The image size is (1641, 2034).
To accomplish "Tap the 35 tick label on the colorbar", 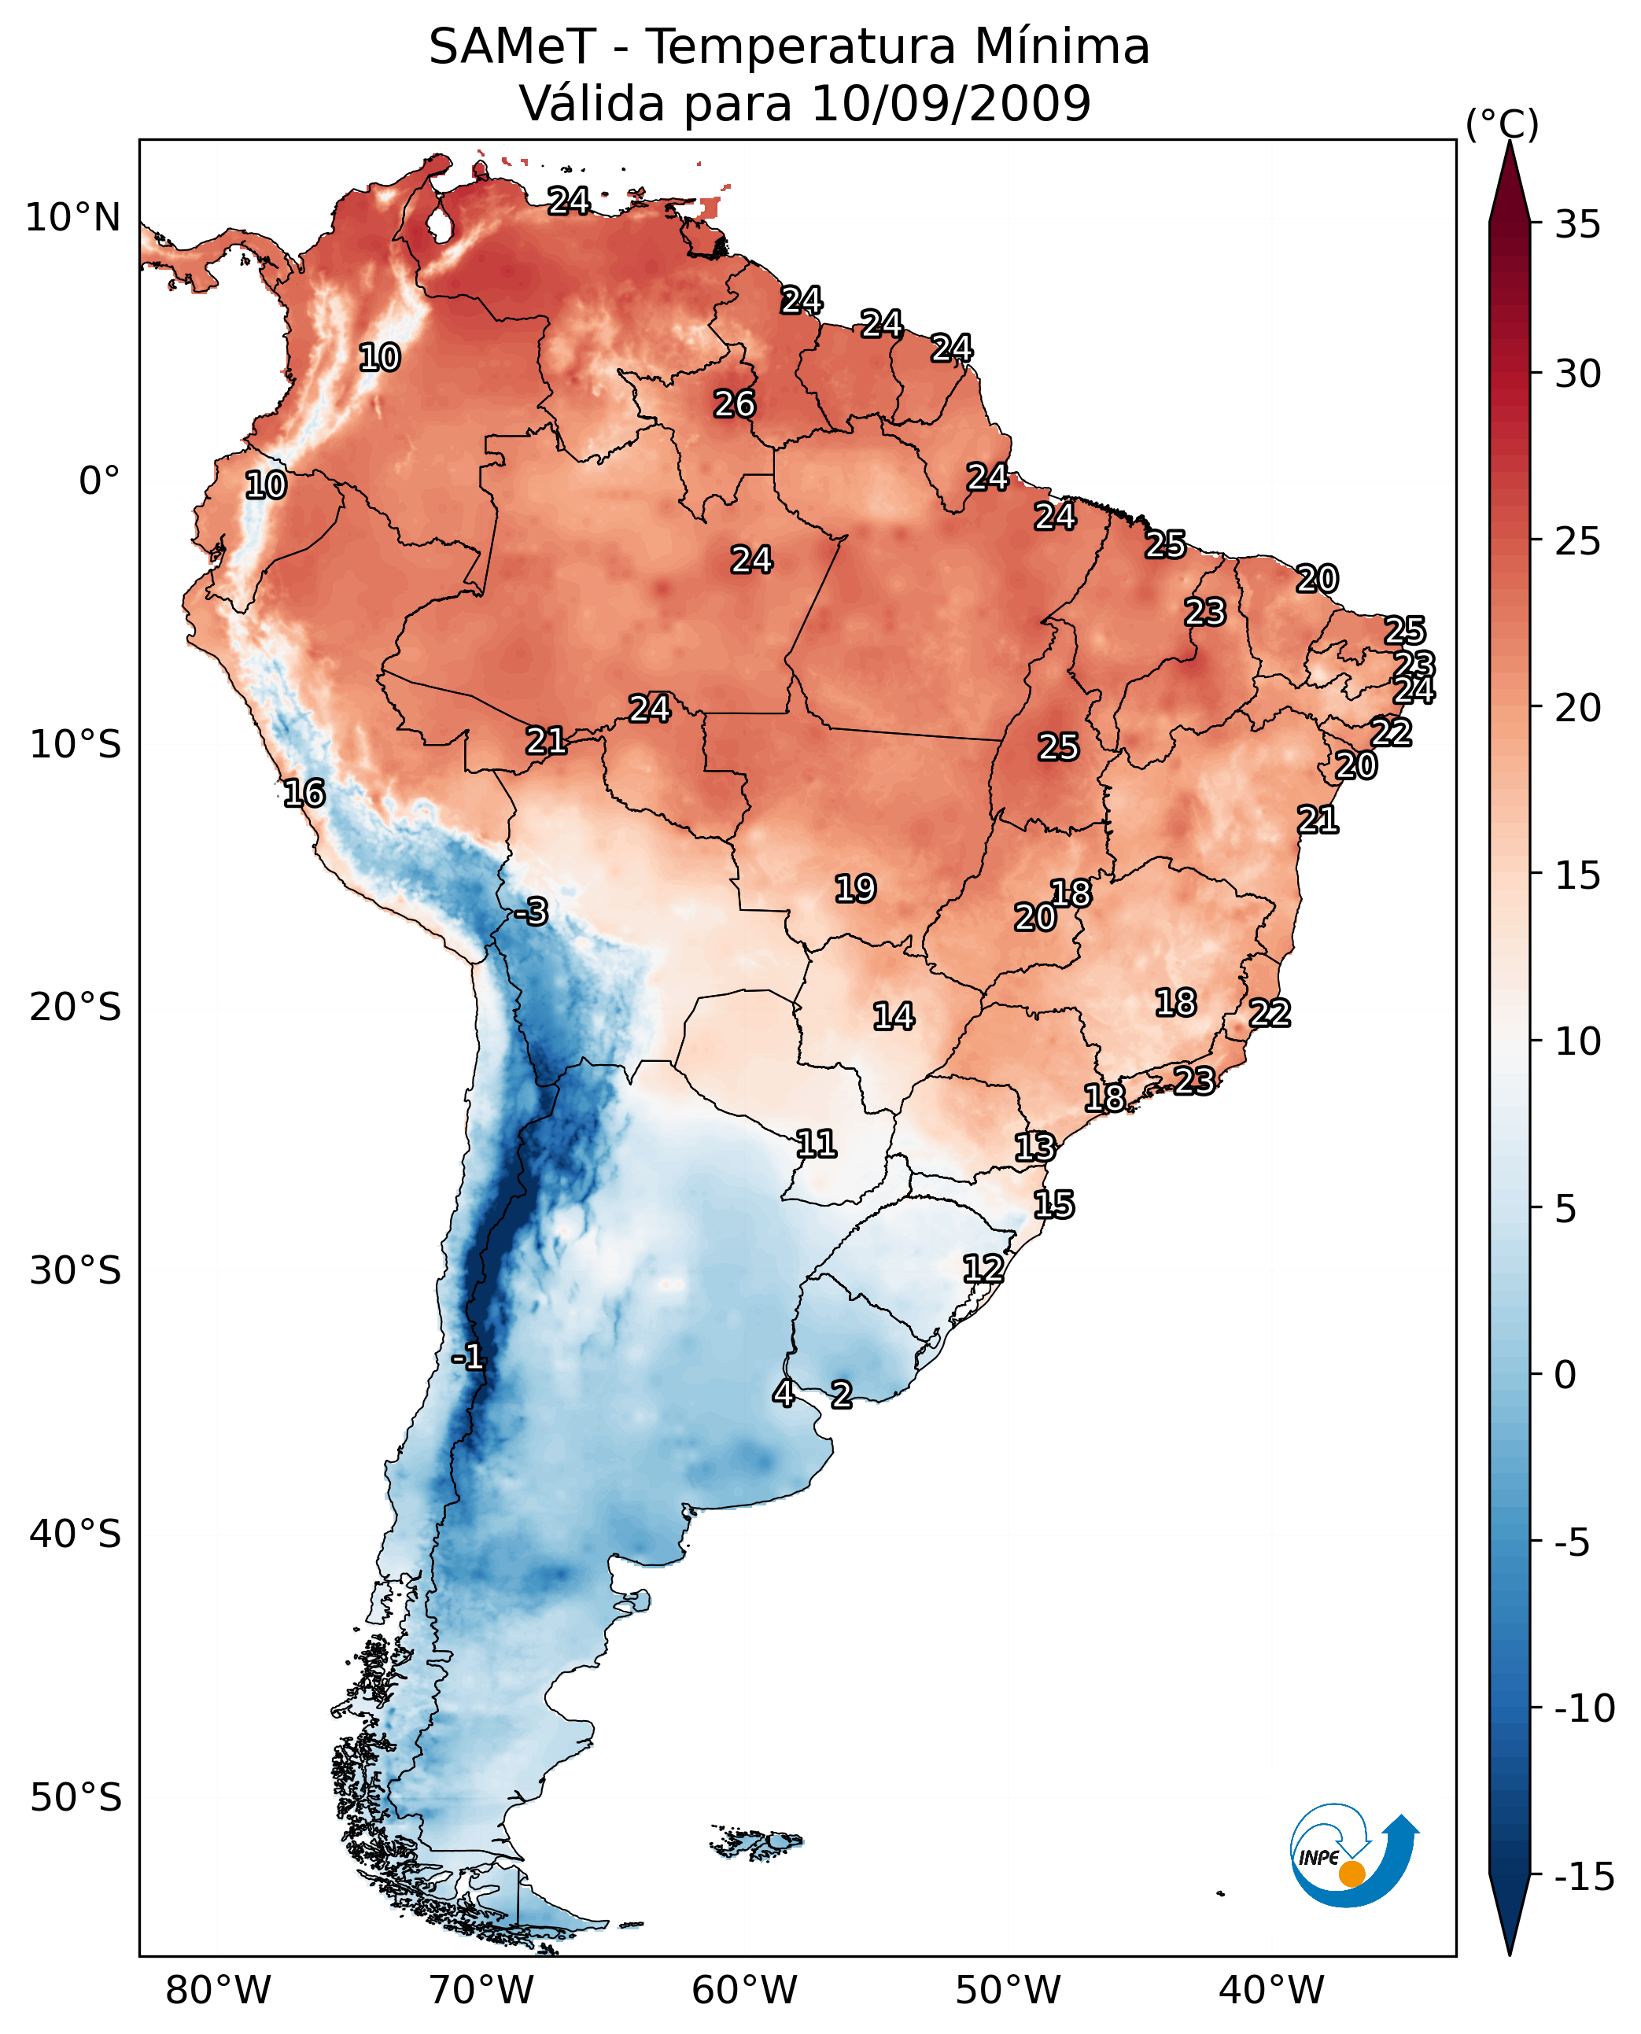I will (x=1577, y=225).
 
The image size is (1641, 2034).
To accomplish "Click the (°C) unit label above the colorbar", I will (x=1502, y=123).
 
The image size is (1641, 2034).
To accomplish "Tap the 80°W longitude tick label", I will (x=219, y=1991).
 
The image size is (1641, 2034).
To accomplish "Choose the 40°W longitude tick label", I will (x=1270, y=1991).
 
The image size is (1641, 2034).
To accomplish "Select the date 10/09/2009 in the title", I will (x=951, y=103).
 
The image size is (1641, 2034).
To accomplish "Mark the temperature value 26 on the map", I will (x=735, y=404).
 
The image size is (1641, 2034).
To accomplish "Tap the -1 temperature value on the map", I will (x=468, y=1358).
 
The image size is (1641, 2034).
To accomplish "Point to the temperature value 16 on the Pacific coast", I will (x=304, y=793).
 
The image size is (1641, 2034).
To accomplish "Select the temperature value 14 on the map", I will (x=894, y=1017).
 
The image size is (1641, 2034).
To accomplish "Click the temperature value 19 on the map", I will (x=855, y=889).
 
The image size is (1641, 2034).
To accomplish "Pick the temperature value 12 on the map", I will (x=983, y=1269).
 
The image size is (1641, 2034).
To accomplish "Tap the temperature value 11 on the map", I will (x=817, y=1144).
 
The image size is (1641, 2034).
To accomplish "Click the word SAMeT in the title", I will (x=512, y=47).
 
